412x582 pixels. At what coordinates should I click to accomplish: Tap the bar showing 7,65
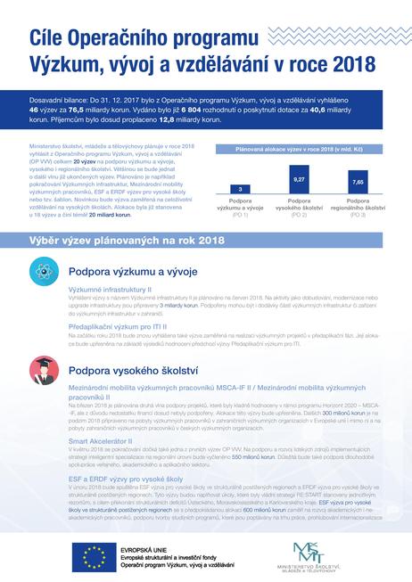pyautogui.click(x=358, y=183)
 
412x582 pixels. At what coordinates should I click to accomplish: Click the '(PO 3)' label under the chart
pyautogui.click(x=358, y=216)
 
